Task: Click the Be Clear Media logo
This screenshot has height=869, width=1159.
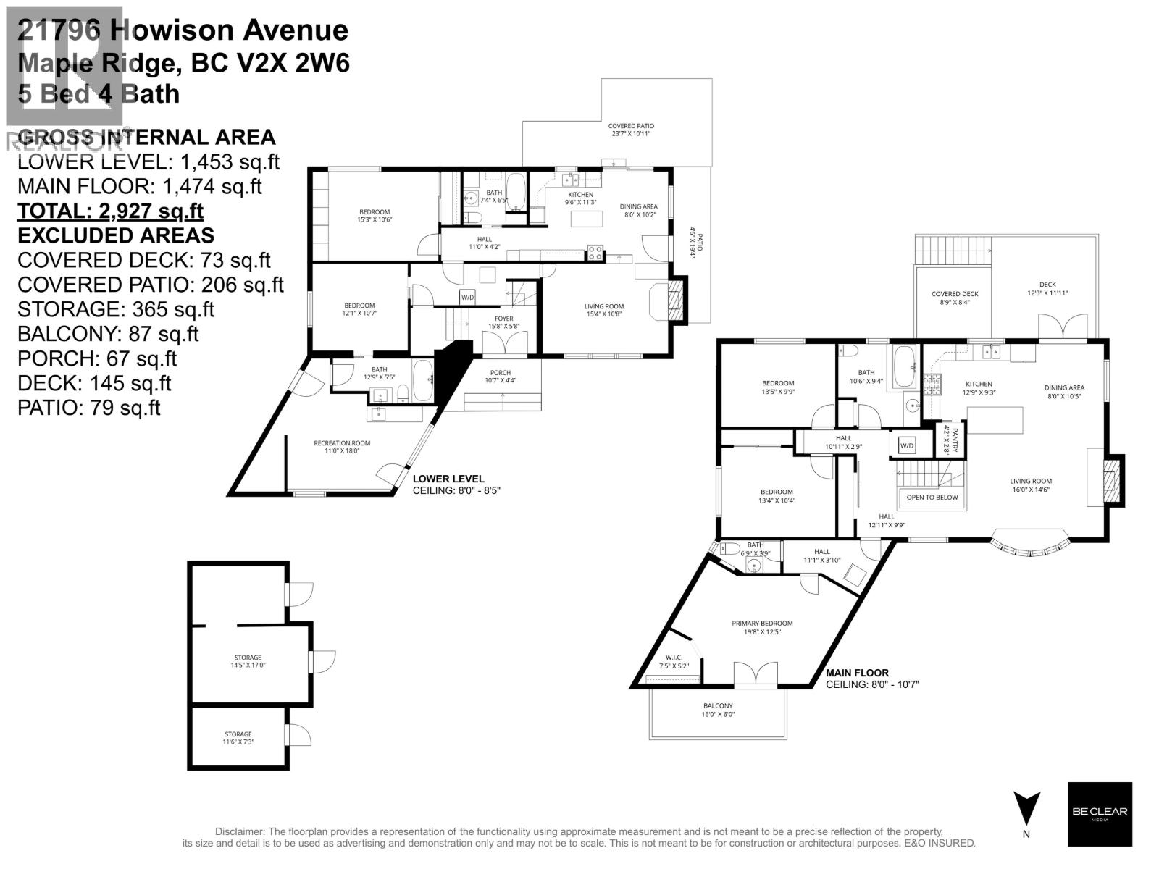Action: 1100,814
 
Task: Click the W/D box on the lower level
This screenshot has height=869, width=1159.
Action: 467,298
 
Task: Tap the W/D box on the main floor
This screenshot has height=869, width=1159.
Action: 907,445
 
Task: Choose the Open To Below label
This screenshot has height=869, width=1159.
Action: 932,498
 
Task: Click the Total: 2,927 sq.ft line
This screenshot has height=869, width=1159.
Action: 110,211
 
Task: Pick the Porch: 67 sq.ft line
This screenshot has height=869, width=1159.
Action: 97,358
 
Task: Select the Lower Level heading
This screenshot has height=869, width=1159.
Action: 448,479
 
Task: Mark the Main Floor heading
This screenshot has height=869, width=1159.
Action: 858,673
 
